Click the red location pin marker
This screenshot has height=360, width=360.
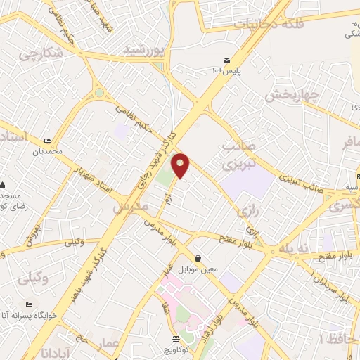[181, 165]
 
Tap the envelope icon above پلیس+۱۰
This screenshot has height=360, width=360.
[226, 60]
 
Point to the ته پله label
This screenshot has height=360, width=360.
[294, 249]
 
